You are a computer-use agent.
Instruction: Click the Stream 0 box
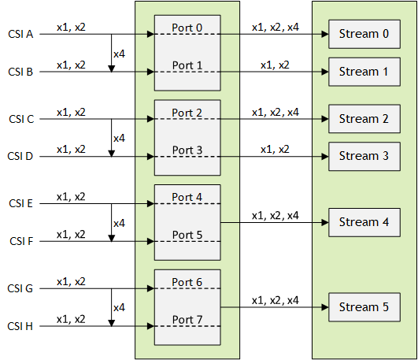[364, 34]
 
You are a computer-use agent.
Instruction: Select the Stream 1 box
[364, 72]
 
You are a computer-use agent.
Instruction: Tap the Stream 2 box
[364, 119]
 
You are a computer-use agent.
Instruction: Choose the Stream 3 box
[364, 156]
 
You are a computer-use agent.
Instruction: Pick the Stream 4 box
[364, 222]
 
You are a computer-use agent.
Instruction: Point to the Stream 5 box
[364, 307]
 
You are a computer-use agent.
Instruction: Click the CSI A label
[20, 34]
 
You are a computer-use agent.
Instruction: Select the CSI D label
[20, 157]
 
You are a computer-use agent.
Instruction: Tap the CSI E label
[20, 204]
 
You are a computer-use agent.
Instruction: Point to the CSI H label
[20, 326]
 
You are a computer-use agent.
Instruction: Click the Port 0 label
[187, 28]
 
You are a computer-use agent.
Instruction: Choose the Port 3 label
[187, 150]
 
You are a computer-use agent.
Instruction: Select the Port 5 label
[187, 235]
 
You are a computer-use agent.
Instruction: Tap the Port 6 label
[187, 282]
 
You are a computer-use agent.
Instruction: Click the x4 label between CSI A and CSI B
[120, 53]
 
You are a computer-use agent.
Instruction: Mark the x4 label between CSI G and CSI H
[120, 307]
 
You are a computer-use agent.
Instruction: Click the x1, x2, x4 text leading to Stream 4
[275, 215]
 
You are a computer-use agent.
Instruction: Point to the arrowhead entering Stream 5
[324, 307]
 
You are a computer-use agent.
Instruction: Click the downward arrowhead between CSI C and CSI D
[111, 152]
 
